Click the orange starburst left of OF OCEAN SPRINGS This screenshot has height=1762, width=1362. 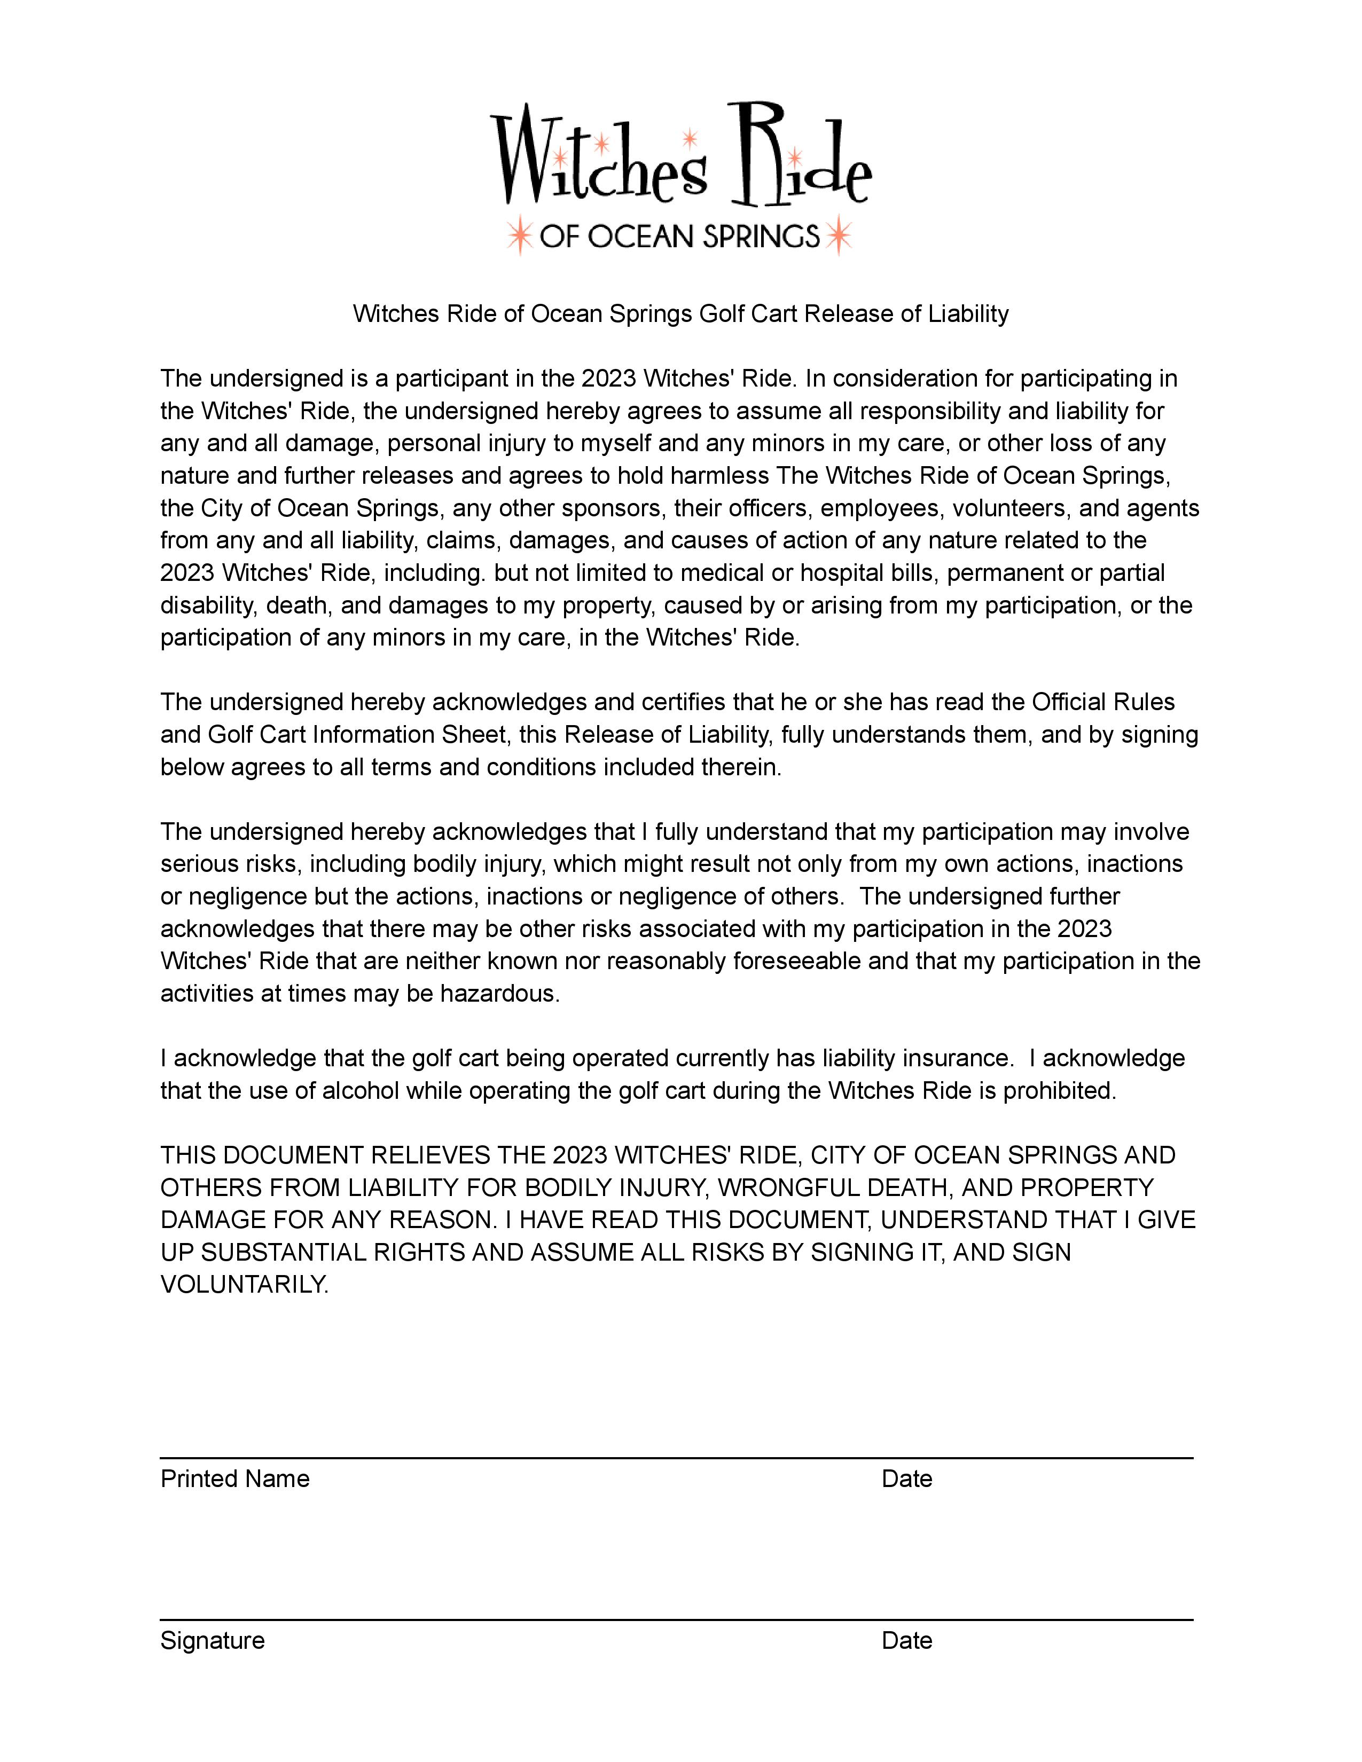[520, 235]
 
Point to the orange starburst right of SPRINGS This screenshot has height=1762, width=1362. [839, 235]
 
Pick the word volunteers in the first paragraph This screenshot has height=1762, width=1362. [1012, 508]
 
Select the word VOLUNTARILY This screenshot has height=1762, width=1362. [245, 1284]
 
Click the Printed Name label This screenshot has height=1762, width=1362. [235, 1479]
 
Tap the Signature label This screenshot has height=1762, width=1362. [212, 1640]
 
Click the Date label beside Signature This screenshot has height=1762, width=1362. [907, 1640]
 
